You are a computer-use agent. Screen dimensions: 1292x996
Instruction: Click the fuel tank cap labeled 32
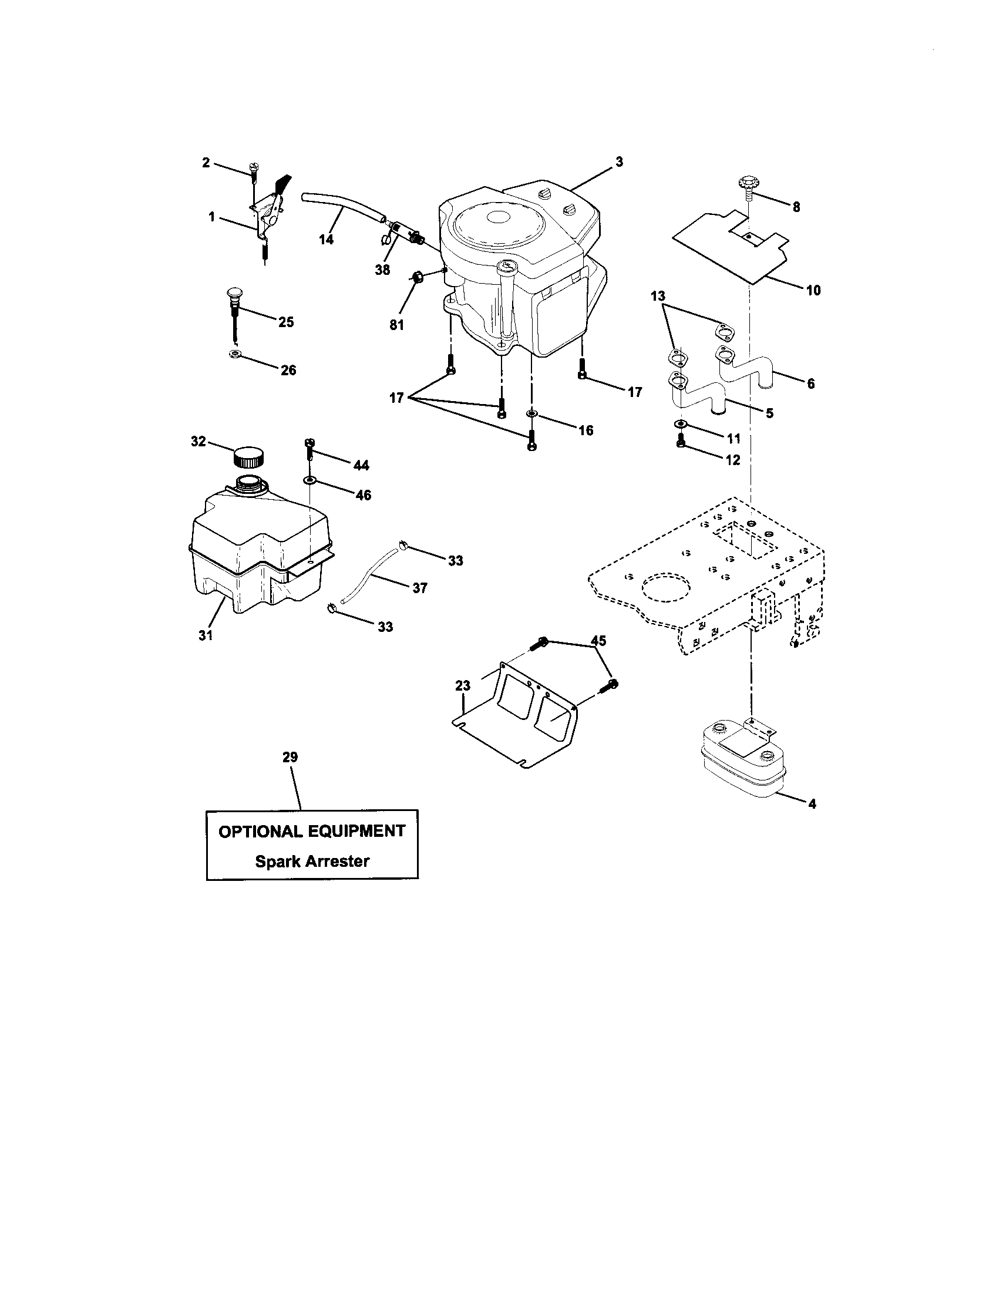pyautogui.click(x=248, y=457)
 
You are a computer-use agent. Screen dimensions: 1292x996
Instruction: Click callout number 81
pyautogui.click(x=396, y=325)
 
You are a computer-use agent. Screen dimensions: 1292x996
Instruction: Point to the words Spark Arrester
pyautogui.click(x=312, y=862)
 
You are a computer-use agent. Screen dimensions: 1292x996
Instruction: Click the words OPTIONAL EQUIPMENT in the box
pyautogui.click(x=312, y=831)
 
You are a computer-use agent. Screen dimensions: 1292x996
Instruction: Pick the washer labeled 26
pyautogui.click(x=234, y=355)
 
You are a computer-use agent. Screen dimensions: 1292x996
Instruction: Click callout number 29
pyautogui.click(x=290, y=757)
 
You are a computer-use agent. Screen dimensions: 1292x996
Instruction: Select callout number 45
pyautogui.click(x=598, y=641)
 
